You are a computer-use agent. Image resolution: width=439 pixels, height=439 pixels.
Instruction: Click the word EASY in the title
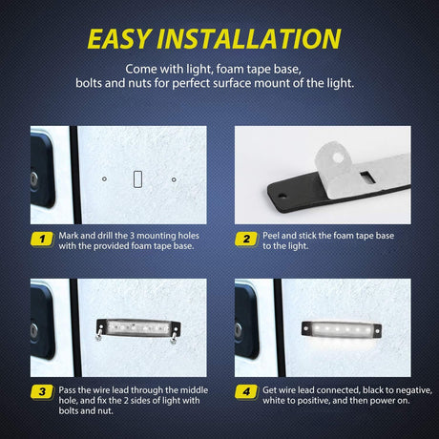click(x=118, y=39)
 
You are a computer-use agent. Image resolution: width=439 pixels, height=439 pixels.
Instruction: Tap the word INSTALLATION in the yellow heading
click(x=249, y=39)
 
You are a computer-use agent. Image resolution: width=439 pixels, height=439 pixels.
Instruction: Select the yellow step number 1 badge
click(x=42, y=239)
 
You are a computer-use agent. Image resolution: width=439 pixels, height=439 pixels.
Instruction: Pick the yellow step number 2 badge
click(x=246, y=239)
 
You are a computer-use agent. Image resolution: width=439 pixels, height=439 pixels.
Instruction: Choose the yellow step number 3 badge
click(x=42, y=391)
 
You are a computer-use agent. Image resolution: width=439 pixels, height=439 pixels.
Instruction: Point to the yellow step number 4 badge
click(x=246, y=391)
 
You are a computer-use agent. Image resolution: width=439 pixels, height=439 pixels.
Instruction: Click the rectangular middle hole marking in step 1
click(x=137, y=179)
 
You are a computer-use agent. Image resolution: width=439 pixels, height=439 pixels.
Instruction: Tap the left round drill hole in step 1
click(x=104, y=179)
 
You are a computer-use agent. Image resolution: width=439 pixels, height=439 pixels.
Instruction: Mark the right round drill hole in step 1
click(x=174, y=179)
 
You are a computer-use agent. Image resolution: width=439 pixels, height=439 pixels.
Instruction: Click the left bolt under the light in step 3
click(x=99, y=335)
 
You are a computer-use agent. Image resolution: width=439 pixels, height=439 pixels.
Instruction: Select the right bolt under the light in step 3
click(x=174, y=337)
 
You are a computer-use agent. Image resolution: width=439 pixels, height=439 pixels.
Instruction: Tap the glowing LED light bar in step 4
click(x=342, y=329)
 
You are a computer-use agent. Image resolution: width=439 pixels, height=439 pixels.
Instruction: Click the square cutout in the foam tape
click(x=368, y=178)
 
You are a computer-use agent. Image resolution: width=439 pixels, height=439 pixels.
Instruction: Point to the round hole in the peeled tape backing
click(x=339, y=157)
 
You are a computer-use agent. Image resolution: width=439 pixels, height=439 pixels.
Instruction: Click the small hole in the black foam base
click(x=281, y=195)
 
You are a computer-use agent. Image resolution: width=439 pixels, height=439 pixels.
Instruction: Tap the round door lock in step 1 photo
click(x=33, y=178)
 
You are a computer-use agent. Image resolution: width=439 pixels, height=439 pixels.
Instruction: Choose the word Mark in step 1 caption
click(x=69, y=236)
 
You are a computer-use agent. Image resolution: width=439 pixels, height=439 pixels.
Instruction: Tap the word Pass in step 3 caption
click(x=67, y=390)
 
